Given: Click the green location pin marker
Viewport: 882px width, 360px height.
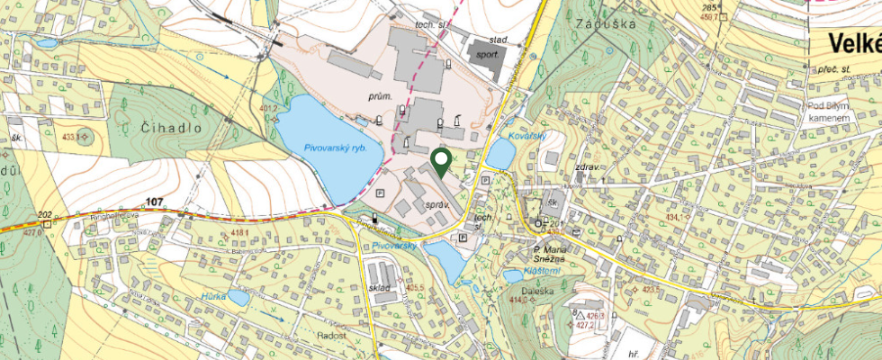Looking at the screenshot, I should tap(441, 162).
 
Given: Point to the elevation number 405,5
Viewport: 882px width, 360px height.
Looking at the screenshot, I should tap(415, 288).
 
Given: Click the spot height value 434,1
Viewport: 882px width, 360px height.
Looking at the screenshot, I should tap(676, 217).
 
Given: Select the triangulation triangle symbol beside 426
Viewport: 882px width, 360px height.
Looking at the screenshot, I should tap(581, 316).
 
